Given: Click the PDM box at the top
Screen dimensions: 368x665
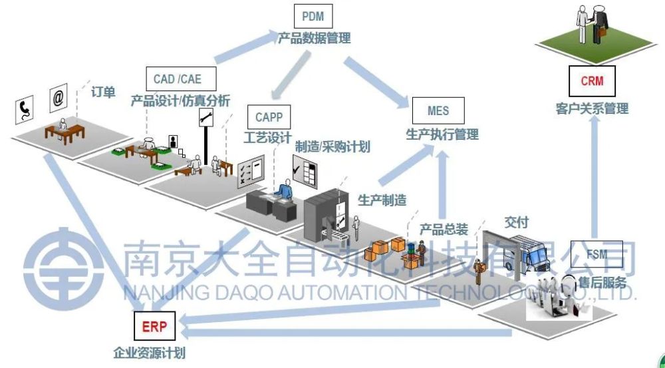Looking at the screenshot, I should [313, 15].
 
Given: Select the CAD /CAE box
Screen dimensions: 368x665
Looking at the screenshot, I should [176, 79].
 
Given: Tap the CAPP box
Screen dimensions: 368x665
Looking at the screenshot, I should [269, 117].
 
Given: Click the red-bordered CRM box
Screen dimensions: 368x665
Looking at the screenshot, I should [591, 81].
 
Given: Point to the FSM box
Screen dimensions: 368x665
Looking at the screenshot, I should [597, 254].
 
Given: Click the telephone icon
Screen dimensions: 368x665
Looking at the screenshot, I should [25, 108].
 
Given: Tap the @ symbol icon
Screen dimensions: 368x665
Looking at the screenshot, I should [59, 98].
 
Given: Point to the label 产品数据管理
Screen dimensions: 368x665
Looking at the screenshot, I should [314, 38].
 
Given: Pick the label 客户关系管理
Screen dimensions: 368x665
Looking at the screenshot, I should [592, 108].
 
